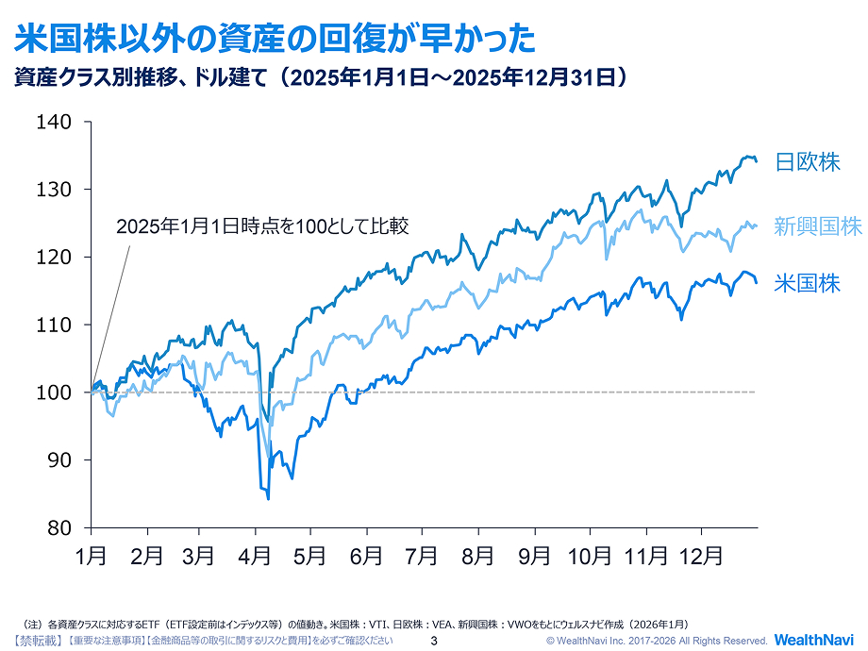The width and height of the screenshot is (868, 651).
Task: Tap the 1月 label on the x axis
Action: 91,557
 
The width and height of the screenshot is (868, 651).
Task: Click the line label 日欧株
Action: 807,161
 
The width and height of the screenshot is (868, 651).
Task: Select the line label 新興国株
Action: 817,226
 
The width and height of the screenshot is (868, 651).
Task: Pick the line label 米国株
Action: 807,283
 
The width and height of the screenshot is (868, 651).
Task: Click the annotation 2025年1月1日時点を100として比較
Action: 261,226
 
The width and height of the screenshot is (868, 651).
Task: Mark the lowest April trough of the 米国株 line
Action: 269,498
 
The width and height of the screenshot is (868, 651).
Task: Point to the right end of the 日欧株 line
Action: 756,161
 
